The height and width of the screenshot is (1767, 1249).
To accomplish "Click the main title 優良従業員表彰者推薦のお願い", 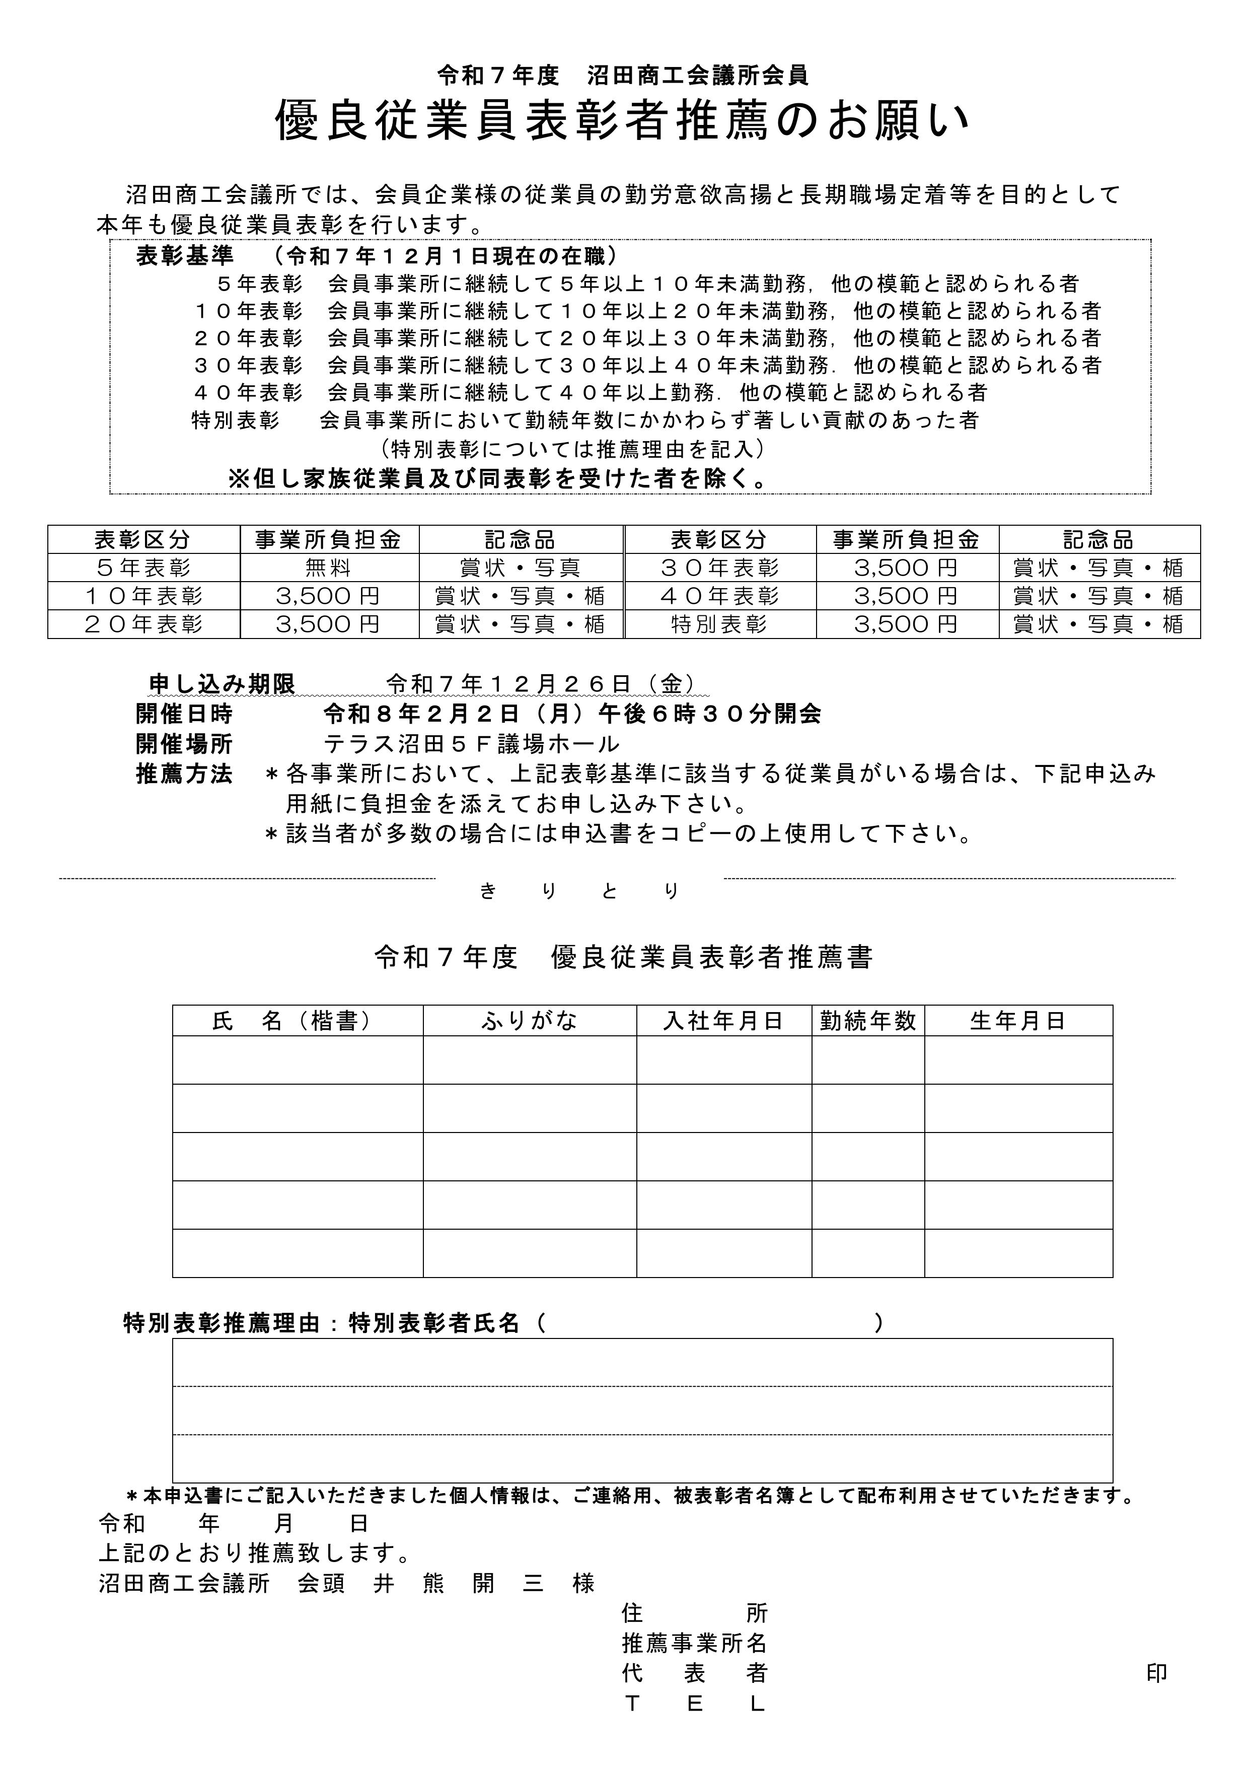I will [623, 121].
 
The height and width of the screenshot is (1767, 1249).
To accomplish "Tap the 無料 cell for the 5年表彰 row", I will [329, 568].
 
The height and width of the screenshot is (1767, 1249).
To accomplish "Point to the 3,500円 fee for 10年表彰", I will [329, 596].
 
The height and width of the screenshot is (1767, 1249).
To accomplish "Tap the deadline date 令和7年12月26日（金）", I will [543, 683].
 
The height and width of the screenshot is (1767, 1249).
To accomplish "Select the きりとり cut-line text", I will [579, 891].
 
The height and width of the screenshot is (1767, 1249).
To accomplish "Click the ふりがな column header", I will [530, 1021].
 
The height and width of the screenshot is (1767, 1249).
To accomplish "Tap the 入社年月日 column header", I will [723, 1021].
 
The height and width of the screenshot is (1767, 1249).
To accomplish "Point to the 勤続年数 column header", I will [868, 1021].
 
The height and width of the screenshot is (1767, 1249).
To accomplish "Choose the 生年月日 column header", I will [1018, 1021].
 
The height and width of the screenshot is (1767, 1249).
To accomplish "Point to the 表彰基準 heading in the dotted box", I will [185, 255].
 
